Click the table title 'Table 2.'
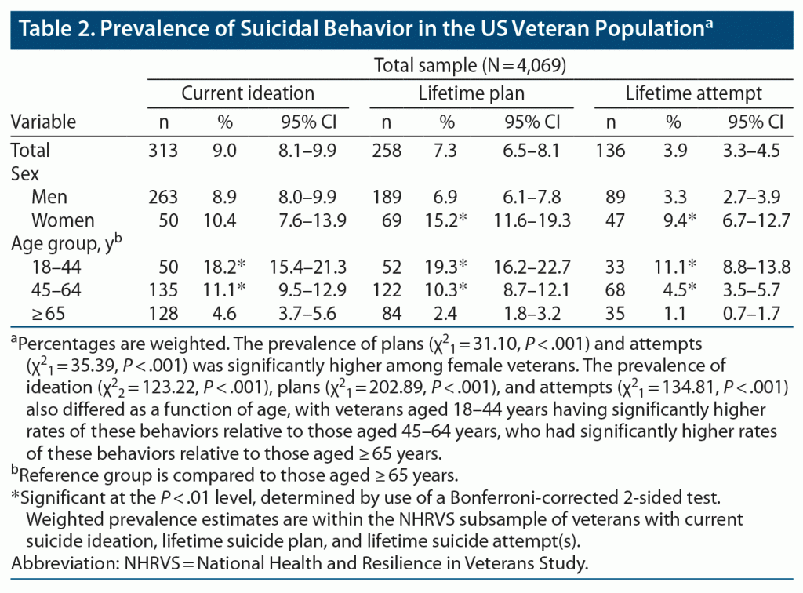(x=54, y=28)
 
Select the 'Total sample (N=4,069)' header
(x=470, y=66)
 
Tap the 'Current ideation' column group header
(x=248, y=94)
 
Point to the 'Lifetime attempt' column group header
(x=693, y=94)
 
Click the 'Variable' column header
(x=43, y=122)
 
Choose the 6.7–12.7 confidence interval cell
(x=755, y=220)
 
